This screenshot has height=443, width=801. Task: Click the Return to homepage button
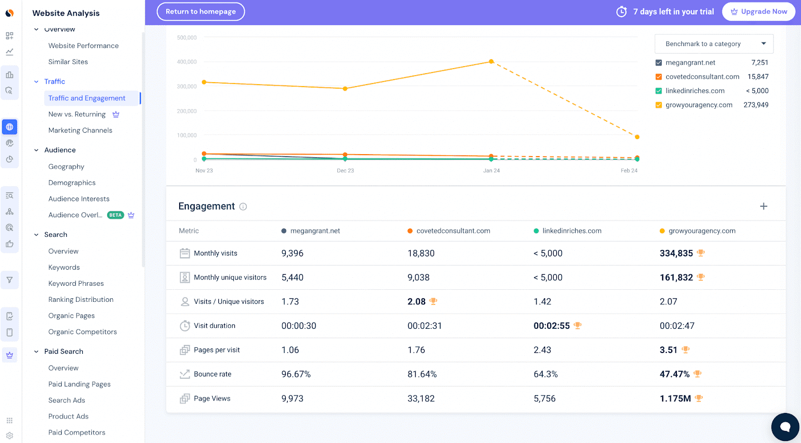[x=200, y=12]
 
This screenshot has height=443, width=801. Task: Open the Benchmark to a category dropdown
[x=714, y=44]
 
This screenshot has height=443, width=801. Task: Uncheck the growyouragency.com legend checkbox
[x=659, y=105]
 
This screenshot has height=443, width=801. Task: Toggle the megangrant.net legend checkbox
[x=659, y=63]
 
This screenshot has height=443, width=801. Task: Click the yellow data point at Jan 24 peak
[x=491, y=62]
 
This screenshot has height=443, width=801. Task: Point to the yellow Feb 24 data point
[x=637, y=137]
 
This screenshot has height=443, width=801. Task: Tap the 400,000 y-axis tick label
[x=187, y=62]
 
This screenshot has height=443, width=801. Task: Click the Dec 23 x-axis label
[x=345, y=171]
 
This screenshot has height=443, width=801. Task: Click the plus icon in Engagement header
[x=763, y=206]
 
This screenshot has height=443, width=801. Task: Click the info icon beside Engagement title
[x=243, y=207]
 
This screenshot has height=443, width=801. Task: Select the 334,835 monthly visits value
[x=676, y=253]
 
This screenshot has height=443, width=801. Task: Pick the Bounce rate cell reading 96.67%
[x=296, y=374]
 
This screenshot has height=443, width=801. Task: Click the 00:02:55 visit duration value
[x=551, y=326]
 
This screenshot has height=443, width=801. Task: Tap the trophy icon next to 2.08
[x=434, y=301]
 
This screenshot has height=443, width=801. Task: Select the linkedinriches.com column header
[x=572, y=231]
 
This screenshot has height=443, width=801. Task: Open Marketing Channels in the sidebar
[x=80, y=130]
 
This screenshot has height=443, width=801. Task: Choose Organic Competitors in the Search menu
[x=83, y=332]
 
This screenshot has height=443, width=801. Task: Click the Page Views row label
[x=212, y=398]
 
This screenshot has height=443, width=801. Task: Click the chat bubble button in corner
[x=785, y=426]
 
